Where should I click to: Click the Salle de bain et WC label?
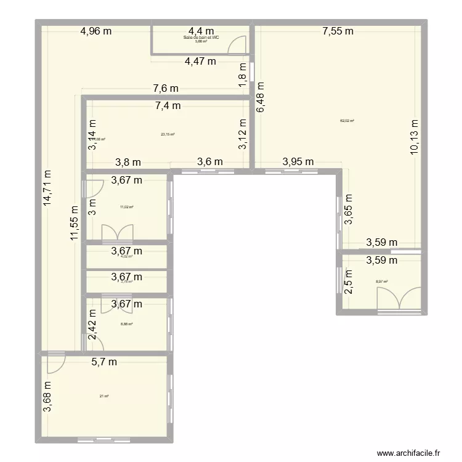201,38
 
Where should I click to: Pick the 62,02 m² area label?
347,121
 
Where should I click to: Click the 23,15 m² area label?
168,134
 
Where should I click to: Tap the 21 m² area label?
104,395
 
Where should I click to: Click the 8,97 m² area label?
383,282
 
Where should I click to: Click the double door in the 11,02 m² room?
117,232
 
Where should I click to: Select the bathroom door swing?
235,44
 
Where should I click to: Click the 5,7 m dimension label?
104,362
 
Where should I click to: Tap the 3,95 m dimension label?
298,162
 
